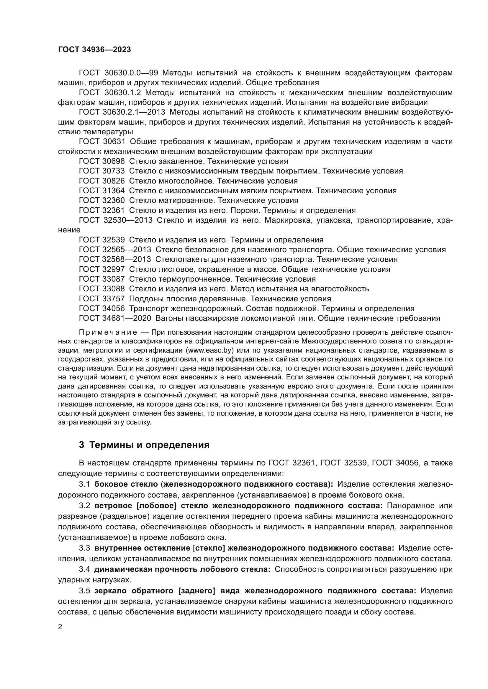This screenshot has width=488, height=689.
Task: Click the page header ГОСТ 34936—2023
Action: click(x=94, y=50)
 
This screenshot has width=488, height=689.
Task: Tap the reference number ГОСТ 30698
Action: click(x=101, y=161)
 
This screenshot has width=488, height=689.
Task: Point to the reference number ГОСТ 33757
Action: click(x=101, y=299)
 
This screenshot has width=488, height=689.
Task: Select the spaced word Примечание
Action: click(x=108, y=332)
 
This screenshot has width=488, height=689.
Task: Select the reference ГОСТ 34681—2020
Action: click(x=115, y=318)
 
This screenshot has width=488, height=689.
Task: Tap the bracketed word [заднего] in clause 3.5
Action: click(x=197, y=591)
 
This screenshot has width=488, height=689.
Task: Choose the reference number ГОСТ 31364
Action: click(x=101, y=191)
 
